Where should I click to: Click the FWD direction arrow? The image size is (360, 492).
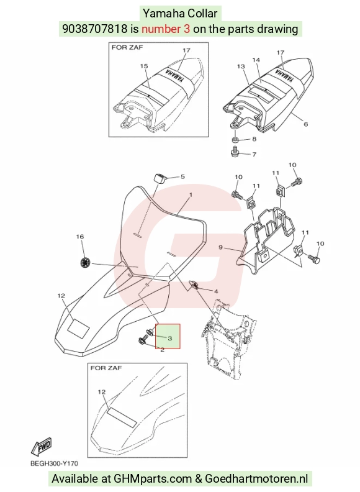(41, 447)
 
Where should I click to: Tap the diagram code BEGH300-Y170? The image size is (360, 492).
(54, 463)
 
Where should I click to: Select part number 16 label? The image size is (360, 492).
(80, 237)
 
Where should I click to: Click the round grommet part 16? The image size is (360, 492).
(85, 262)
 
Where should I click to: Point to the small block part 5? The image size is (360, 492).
(160, 178)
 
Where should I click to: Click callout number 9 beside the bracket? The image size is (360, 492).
(220, 248)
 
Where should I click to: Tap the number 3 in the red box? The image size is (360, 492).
(170, 338)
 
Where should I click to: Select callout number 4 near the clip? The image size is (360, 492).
(216, 291)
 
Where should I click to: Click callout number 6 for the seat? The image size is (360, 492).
(306, 124)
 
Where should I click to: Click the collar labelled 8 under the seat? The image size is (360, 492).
(235, 139)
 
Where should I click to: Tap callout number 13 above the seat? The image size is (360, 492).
(241, 66)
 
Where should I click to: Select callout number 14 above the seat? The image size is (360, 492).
(256, 60)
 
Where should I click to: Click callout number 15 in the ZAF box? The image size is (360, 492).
(144, 66)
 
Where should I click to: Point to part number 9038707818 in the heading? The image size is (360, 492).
(95, 29)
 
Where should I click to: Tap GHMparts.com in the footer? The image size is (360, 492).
(153, 479)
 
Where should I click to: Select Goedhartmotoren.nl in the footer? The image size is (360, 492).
(256, 479)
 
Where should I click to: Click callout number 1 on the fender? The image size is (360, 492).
(191, 195)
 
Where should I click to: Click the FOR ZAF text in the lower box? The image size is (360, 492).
(106, 368)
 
